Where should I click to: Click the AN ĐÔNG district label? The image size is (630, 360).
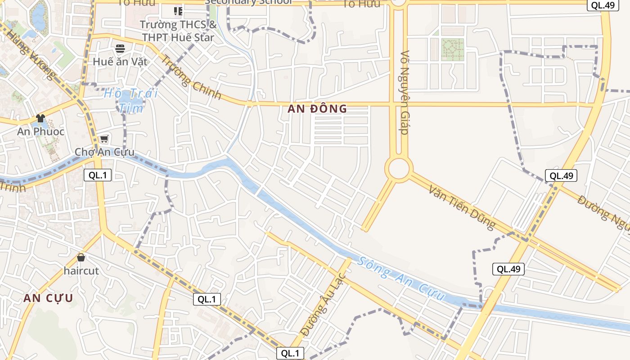(x=318, y=108)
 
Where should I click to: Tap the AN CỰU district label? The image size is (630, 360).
(x=48, y=298)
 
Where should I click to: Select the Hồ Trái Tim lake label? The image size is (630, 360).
(x=131, y=100)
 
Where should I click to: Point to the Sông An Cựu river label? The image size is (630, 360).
(x=402, y=279)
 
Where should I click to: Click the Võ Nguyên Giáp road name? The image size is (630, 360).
(x=404, y=92)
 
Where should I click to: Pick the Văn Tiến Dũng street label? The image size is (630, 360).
(x=462, y=207)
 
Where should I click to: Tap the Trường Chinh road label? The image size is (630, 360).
(x=191, y=77)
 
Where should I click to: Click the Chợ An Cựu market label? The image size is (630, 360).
(x=104, y=152)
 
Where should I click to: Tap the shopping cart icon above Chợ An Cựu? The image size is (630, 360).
(x=104, y=139)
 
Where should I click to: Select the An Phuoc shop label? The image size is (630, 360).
(x=40, y=132)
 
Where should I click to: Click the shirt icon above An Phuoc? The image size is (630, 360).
(x=40, y=118)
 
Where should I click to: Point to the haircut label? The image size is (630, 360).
(x=81, y=271)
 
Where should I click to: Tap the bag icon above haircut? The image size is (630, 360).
(x=81, y=257)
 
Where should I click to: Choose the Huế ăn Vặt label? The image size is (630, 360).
(x=120, y=62)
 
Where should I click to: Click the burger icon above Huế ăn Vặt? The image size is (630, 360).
(x=120, y=48)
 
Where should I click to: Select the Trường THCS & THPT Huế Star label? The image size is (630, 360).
(x=178, y=31)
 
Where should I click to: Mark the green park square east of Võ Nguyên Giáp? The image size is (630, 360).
(x=452, y=49)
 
